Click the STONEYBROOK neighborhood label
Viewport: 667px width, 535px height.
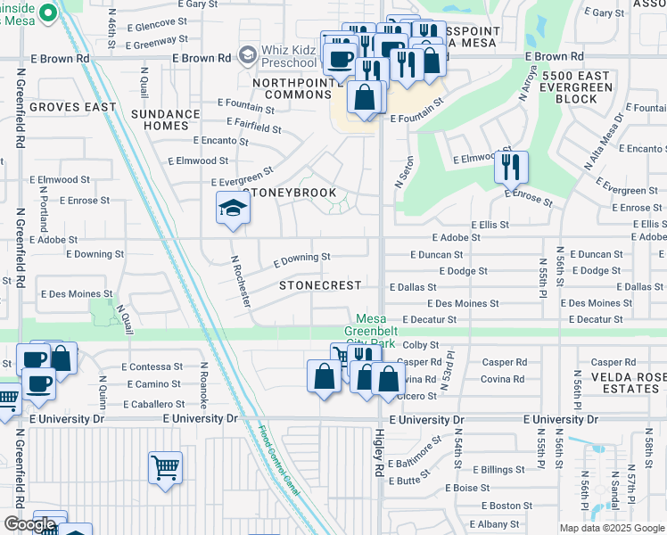pyautogui.click(x=291, y=193)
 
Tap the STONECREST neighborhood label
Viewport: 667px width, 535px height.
pyautogui.click(x=320, y=285)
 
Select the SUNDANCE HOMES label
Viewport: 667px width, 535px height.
pyautogui.click(x=166, y=119)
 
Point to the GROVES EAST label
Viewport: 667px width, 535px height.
pyautogui.click(x=73, y=107)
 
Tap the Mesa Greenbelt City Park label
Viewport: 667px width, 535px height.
pyautogui.click(x=387, y=331)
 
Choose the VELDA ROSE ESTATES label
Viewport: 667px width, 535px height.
pyautogui.click(x=629, y=383)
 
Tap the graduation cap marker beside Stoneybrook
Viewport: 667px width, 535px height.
pyautogui.click(x=233, y=208)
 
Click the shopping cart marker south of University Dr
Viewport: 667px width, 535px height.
pyautogui.click(x=166, y=466)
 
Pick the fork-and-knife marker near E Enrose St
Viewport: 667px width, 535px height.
pyautogui.click(x=511, y=166)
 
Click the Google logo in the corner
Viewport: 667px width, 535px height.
pyautogui.click(x=30, y=524)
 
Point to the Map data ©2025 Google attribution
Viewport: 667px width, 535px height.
pyautogui.click(x=612, y=528)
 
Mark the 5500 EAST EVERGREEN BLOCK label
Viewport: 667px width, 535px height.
pyautogui.click(x=571, y=87)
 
